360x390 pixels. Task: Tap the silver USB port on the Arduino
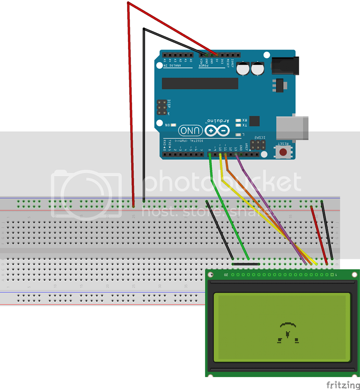point(292,128)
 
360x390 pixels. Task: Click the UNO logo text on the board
point(191,130)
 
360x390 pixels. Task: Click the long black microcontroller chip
point(200,83)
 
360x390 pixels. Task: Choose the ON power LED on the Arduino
point(173,125)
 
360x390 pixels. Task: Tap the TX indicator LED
point(238,125)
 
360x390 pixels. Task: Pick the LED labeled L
point(238,135)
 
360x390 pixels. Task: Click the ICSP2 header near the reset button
point(258,145)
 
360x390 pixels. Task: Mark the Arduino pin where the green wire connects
point(210,155)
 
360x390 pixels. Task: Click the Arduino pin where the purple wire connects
point(236,155)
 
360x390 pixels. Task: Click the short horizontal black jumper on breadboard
point(245,264)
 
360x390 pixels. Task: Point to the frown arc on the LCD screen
point(288,324)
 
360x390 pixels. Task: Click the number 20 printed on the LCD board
point(226,275)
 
